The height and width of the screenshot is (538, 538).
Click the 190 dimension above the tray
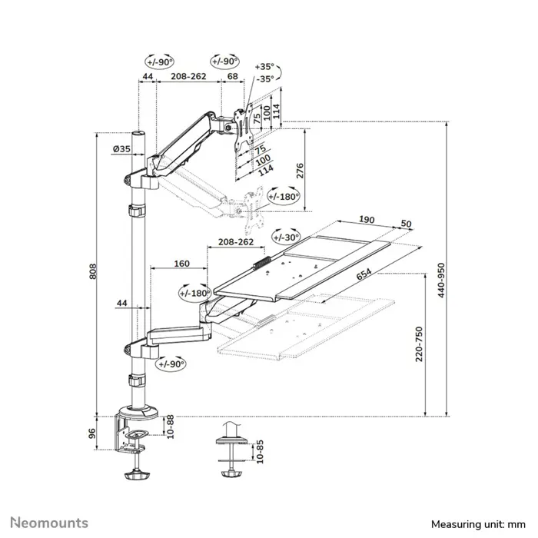(367, 220)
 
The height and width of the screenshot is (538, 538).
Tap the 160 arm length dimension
(181, 264)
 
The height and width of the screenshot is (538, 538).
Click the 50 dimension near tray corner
(406, 224)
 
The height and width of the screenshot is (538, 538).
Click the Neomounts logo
(48, 523)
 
